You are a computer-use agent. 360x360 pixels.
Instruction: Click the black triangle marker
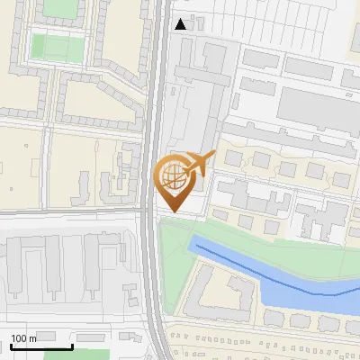click(181, 24)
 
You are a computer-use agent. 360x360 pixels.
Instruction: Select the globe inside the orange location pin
click(175, 176)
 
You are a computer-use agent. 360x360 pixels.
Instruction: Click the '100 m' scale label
click(24, 338)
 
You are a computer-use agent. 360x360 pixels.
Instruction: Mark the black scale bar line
click(40, 346)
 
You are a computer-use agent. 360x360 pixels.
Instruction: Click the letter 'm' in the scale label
click(34, 338)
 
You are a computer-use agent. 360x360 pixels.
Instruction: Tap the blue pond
click(297, 283)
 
